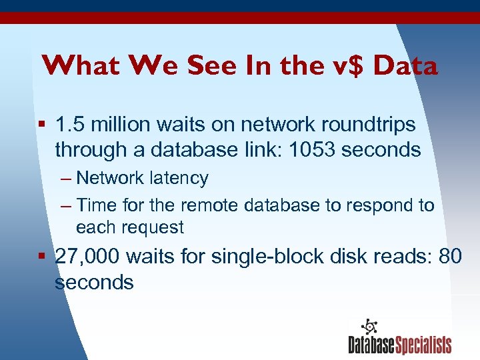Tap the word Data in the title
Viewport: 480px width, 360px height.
pyautogui.click(x=405, y=66)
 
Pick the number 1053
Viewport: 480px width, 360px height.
pyautogui.click(x=317, y=149)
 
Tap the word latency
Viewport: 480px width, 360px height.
pyautogui.click(x=180, y=178)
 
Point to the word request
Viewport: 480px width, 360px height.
pyautogui.click(x=153, y=227)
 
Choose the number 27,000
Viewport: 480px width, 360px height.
pyautogui.click(x=87, y=256)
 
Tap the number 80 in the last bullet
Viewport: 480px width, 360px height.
pyautogui.click(x=451, y=256)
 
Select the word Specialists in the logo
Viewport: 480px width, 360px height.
pyautogui.click(x=424, y=345)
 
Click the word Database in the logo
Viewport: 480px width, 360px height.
pyautogui.click(x=371, y=345)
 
